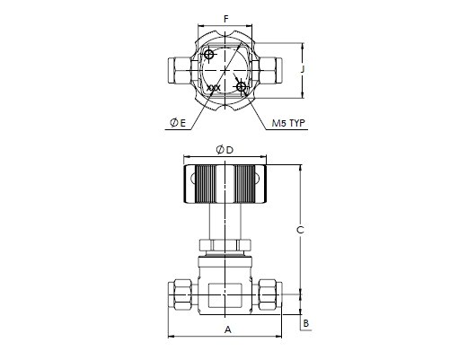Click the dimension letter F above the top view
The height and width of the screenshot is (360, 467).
(x=226, y=19)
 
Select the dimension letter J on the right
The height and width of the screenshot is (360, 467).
(x=303, y=69)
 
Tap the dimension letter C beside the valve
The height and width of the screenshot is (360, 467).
(x=300, y=230)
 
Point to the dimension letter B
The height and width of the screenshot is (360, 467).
(x=306, y=323)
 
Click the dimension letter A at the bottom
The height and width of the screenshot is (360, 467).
(x=228, y=329)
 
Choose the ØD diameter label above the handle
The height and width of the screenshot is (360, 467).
(x=225, y=150)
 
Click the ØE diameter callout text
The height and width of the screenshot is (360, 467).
(x=178, y=123)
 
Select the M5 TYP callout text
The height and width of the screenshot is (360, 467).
(x=288, y=123)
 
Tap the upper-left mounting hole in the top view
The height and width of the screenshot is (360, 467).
(x=209, y=55)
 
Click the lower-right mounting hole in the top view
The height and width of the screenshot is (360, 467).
(x=241, y=87)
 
